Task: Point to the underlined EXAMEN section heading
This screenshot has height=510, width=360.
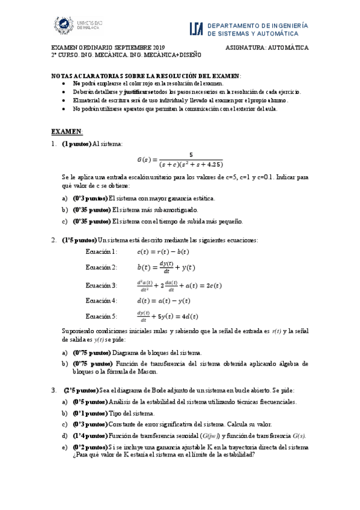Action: point(66,131)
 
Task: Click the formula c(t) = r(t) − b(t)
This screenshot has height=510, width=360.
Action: point(163,251)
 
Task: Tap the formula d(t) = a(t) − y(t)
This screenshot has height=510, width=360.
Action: point(163,300)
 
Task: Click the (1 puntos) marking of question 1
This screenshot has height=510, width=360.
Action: point(76,144)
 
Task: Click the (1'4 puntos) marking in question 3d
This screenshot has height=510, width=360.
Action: point(89,436)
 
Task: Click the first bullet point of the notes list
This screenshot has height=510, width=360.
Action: point(64,83)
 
